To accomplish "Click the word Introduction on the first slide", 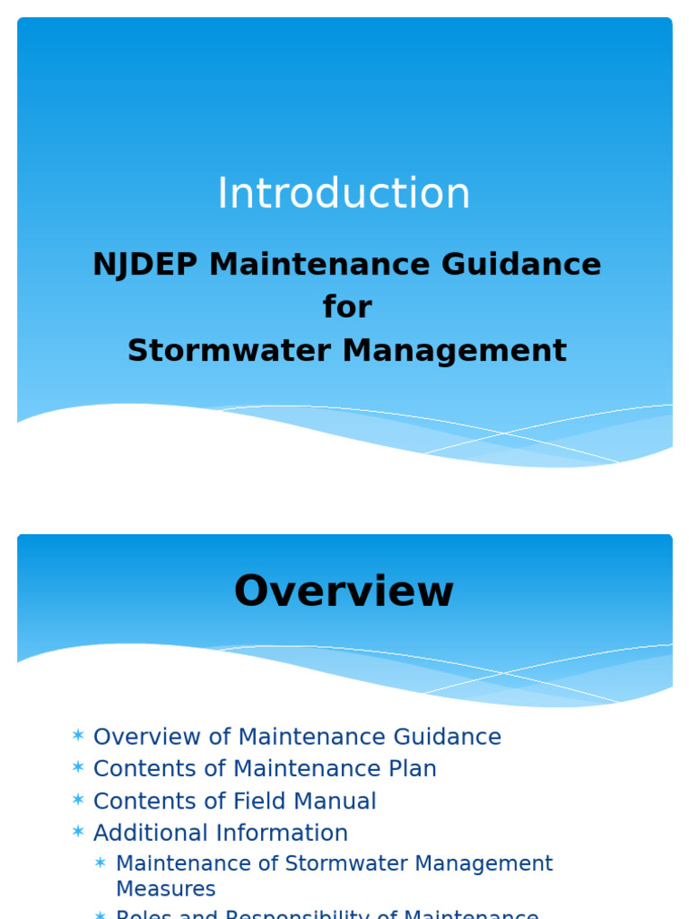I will tap(344, 194).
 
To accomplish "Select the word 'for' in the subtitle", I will tap(347, 308).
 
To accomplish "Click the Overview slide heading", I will tap(344, 592).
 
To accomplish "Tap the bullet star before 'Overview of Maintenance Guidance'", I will tap(78, 737).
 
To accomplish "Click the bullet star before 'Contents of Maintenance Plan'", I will tap(78, 769).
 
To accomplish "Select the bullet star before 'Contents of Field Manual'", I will tap(78, 801).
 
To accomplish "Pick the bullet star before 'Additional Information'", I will tap(78, 833).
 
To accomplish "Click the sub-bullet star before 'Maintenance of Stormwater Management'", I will tap(101, 863).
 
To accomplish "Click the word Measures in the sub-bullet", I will tap(166, 888).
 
